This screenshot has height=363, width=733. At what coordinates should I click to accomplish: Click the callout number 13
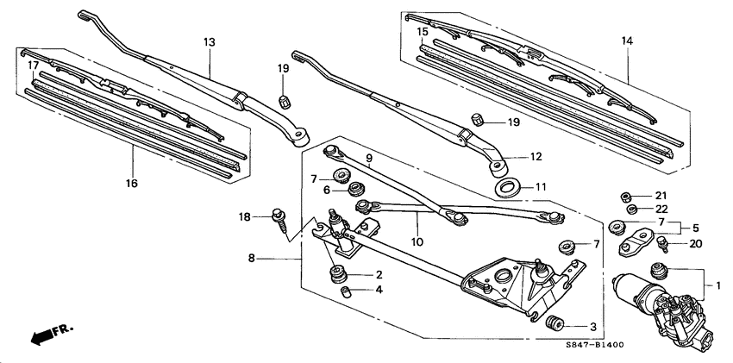[x=208, y=41]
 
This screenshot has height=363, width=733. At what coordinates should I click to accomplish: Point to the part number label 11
[x=541, y=186]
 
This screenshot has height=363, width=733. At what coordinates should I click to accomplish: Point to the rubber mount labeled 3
[x=555, y=325]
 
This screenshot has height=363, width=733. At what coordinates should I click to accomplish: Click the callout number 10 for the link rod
[x=417, y=242]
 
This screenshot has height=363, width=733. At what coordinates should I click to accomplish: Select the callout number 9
[x=367, y=159]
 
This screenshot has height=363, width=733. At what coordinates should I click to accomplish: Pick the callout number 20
[x=696, y=244]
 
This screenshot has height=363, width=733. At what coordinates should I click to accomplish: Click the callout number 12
[x=536, y=157]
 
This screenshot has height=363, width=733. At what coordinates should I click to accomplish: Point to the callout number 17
[x=32, y=66]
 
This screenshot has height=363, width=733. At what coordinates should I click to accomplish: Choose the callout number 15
[x=423, y=32]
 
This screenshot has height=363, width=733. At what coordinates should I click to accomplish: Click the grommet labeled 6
[x=354, y=189]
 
